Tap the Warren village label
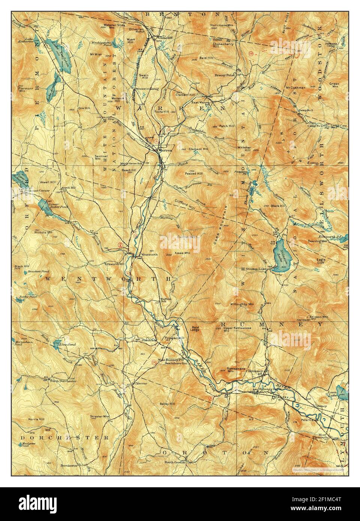(165, 150)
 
